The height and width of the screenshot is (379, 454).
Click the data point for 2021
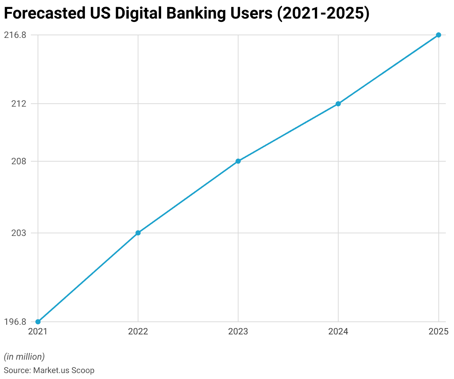38,322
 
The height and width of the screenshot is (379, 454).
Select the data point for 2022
138,233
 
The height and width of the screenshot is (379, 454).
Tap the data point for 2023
238,161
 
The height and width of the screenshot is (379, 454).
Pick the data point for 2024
338,104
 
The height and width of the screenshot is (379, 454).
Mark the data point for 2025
438,35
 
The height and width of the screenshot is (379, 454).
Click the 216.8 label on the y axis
15,35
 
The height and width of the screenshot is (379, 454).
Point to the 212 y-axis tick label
19,104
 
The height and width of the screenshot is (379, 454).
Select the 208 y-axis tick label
19,161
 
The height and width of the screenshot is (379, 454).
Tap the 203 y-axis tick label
19,233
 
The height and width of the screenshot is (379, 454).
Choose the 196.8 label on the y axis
15,322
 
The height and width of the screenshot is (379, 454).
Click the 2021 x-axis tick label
38,331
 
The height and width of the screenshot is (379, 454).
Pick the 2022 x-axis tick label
138,331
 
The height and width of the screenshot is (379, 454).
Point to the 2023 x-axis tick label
238,331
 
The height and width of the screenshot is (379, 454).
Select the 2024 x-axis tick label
338,331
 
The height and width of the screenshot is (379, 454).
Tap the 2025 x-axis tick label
438,331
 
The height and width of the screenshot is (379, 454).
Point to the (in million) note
24,357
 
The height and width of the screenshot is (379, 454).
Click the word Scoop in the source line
83,370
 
